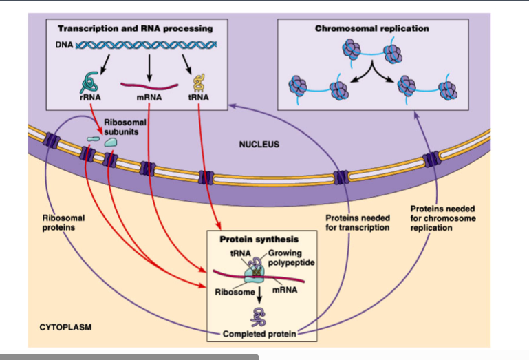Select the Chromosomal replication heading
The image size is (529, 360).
(372, 29)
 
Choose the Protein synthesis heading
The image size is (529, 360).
(259, 240)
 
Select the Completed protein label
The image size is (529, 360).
(259, 335)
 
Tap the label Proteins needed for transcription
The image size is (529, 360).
(357, 222)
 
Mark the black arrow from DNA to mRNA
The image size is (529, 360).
(149, 67)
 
